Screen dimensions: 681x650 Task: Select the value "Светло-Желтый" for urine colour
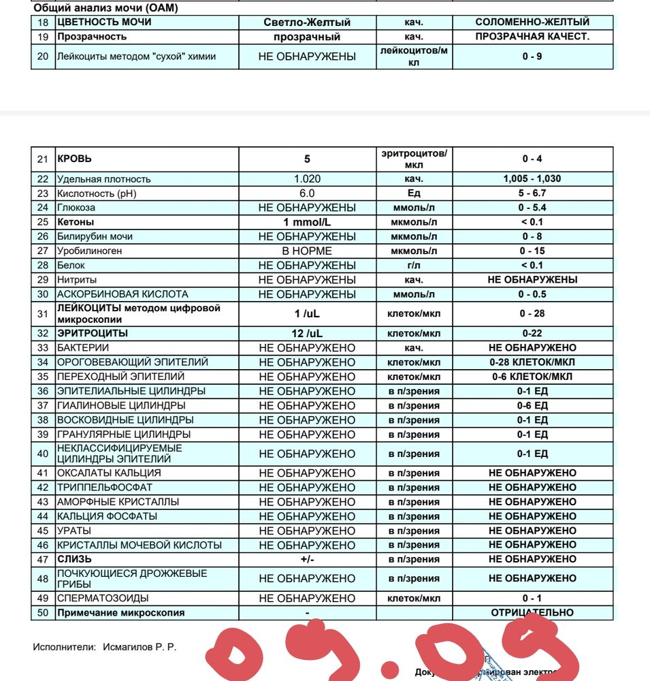pyautogui.click(x=307, y=22)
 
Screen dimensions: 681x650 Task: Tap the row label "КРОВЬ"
pyautogui.click(x=74, y=159)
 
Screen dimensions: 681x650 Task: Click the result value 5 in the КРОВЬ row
pyautogui.click(x=307, y=159)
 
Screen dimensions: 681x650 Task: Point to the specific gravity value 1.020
pyautogui.click(x=307, y=178)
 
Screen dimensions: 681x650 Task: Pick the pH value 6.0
pyautogui.click(x=307, y=193)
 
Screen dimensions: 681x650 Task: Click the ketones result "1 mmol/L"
pyautogui.click(x=307, y=222)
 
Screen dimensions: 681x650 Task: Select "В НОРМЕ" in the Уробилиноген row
pyautogui.click(x=307, y=251)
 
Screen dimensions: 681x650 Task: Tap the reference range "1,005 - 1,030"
pyautogui.click(x=532, y=178)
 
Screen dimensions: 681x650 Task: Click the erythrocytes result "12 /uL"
pyautogui.click(x=307, y=334)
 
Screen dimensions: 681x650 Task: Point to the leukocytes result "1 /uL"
pyautogui.click(x=307, y=314)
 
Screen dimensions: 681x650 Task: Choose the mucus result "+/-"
pyautogui.click(x=307, y=559)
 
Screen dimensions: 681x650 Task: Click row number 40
pyautogui.click(x=43, y=454)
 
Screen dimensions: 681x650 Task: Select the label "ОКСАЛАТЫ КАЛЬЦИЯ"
pyautogui.click(x=109, y=473)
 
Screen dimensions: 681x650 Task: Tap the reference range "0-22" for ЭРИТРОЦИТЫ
pyautogui.click(x=532, y=334)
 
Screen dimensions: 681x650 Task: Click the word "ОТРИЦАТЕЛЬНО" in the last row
pyautogui.click(x=532, y=612)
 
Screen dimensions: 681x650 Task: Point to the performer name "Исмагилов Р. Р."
pyautogui.click(x=140, y=647)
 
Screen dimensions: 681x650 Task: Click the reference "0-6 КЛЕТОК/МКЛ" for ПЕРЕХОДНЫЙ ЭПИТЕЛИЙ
pyautogui.click(x=532, y=377)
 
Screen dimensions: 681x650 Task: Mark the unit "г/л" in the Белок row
pyautogui.click(x=414, y=265)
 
